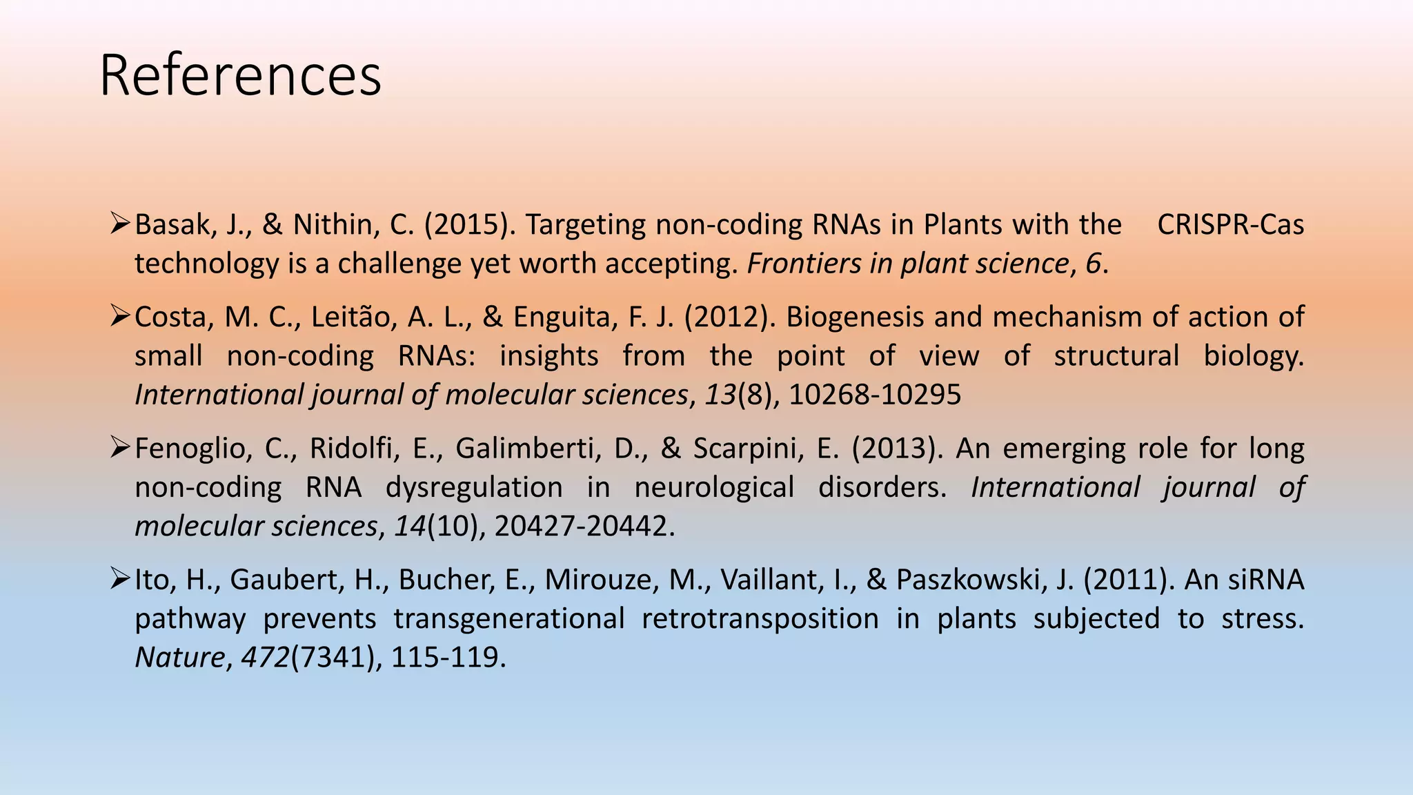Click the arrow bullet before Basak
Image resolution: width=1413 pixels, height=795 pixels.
120,224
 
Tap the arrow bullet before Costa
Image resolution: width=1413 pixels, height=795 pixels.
120,316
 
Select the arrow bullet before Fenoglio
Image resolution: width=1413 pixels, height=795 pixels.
120,448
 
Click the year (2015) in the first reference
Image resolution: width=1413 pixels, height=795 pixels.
469,225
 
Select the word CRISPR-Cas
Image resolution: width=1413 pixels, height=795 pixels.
1230,225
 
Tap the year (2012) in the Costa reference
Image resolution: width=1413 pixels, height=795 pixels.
730,317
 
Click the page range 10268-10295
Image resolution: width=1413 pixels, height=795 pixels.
875,395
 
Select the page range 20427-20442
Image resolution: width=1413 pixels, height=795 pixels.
581,527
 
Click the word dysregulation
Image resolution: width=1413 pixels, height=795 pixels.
474,488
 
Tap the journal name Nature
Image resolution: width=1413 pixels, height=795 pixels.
179,658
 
